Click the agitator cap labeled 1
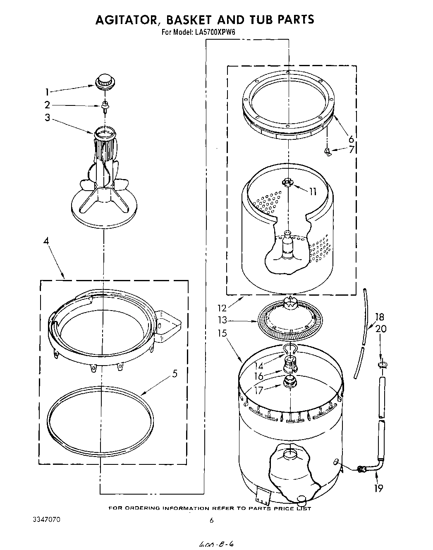105,81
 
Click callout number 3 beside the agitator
48,118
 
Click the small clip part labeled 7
328,152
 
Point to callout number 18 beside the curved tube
379,317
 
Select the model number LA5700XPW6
215,32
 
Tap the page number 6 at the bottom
211,521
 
